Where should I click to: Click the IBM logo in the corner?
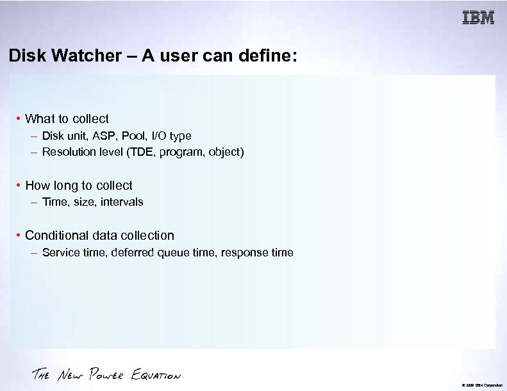[x=478, y=18]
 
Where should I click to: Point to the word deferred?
[x=133, y=253]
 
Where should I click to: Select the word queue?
[x=174, y=253]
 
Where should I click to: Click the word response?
[x=245, y=253]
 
